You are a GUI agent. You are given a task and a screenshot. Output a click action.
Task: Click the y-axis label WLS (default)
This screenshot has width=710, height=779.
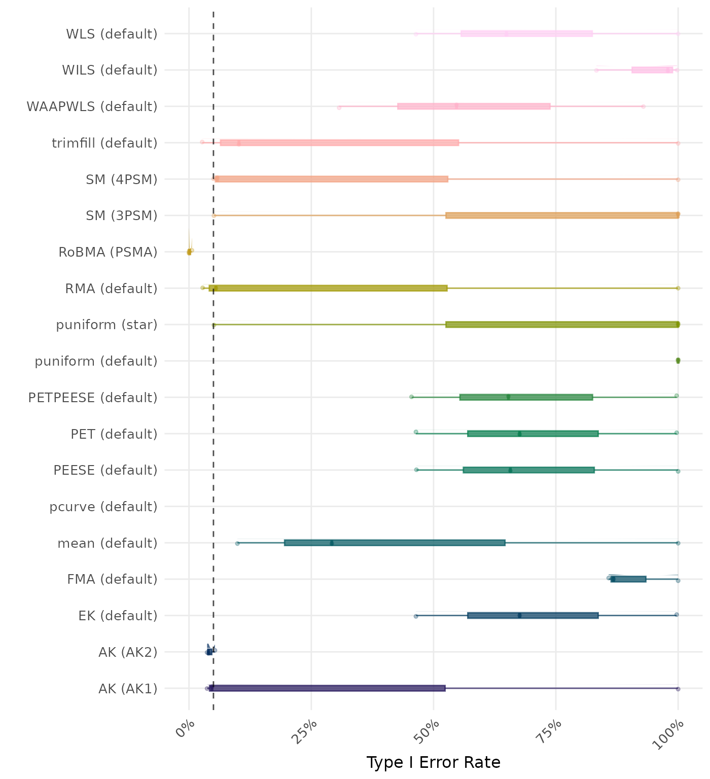pyautogui.click(x=112, y=34)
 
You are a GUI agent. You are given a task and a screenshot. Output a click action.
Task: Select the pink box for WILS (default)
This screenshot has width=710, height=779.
pyautogui.click(x=652, y=70)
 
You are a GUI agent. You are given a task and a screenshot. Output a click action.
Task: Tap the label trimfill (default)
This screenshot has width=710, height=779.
pyautogui.click(x=104, y=143)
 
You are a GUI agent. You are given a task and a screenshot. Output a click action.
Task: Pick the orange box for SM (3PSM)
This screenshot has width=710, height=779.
pyautogui.click(x=562, y=216)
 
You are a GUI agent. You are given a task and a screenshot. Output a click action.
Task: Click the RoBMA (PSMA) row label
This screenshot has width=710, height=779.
pyautogui.click(x=108, y=252)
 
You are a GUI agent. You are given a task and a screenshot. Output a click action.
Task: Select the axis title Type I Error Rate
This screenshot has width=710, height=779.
pyautogui.click(x=433, y=762)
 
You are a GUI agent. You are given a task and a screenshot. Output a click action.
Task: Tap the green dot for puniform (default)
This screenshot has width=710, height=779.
pyautogui.click(x=678, y=361)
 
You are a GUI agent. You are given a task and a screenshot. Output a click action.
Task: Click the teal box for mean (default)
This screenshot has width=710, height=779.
pyautogui.click(x=395, y=543)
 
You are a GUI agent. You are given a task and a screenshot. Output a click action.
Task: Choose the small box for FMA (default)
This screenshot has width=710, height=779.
pyautogui.click(x=628, y=579)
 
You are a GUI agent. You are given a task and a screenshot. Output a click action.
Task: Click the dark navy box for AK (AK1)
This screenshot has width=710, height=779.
pyautogui.click(x=327, y=688)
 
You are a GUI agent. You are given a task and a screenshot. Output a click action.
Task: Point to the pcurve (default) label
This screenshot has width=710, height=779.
pyautogui.click(x=103, y=507)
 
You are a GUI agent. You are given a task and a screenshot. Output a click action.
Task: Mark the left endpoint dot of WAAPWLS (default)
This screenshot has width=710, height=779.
pyautogui.click(x=339, y=107)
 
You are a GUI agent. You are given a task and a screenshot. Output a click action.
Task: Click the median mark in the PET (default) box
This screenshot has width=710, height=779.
pyautogui.click(x=519, y=434)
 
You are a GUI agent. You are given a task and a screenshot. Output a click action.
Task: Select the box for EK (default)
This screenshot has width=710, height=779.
pyautogui.click(x=533, y=616)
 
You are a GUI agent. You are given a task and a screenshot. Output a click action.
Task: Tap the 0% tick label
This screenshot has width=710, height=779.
pyautogui.click(x=185, y=729)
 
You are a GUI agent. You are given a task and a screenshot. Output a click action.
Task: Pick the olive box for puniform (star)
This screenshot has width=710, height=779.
pyautogui.click(x=562, y=325)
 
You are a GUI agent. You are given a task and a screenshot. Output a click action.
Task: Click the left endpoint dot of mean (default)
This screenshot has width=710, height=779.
pyautogui.click(x=237, y=543)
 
